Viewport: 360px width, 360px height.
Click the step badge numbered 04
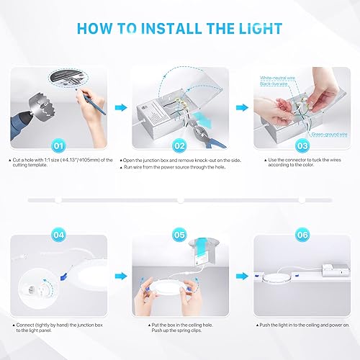[x=60, y=234]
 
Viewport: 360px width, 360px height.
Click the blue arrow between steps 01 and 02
[x=120, y=106]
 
